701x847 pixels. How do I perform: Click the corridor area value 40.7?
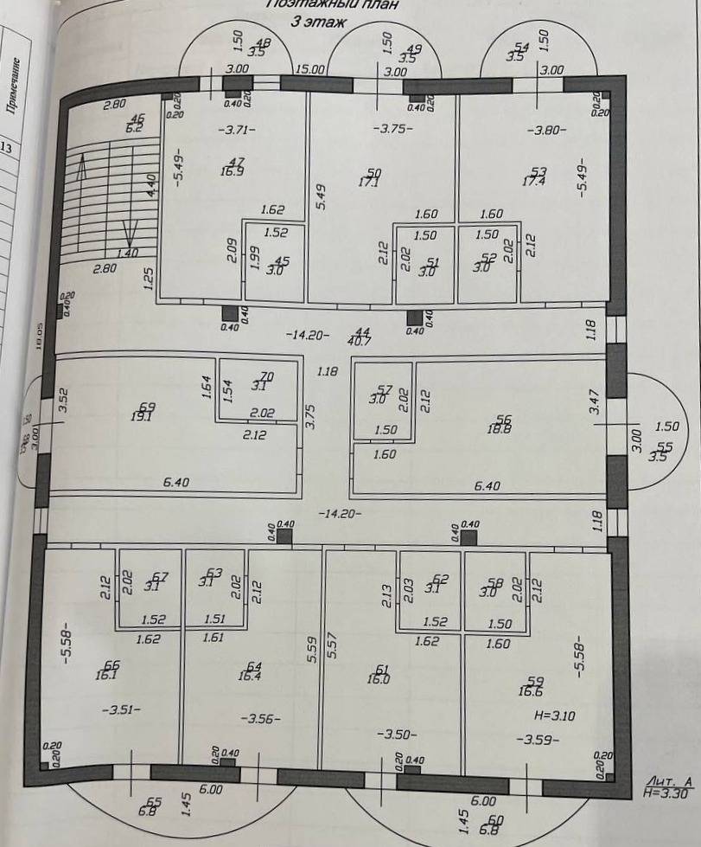click(360, 340)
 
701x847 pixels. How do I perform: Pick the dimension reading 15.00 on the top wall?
click(309, 69)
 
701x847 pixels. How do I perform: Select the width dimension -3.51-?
click(120, 710)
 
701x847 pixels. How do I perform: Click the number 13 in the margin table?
click(6, 148)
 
